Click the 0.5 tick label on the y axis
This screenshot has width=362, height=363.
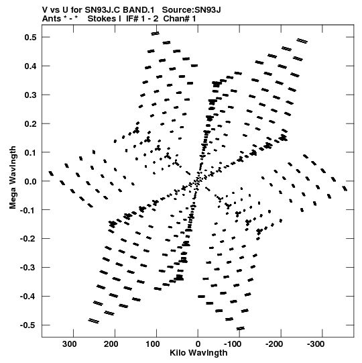coord(30,38)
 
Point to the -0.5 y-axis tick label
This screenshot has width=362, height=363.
coord(28,325)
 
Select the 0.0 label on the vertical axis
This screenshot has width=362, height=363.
coord(30,181)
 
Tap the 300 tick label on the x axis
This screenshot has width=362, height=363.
coord(70,344)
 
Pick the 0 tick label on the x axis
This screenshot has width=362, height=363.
coord(198,344)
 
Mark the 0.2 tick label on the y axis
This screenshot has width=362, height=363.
coord(30,124)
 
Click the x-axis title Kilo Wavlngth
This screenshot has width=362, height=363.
coord(198,353)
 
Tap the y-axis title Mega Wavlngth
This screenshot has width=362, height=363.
coord(13,177)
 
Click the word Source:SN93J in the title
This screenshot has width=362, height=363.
coord(191,10)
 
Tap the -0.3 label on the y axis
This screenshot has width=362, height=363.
coord(28,268)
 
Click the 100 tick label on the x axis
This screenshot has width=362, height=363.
coord(152,344)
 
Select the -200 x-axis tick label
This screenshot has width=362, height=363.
coord(274,344)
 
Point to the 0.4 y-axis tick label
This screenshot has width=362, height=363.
coord(30,66)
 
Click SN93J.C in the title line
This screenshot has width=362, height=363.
coord(103,10)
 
